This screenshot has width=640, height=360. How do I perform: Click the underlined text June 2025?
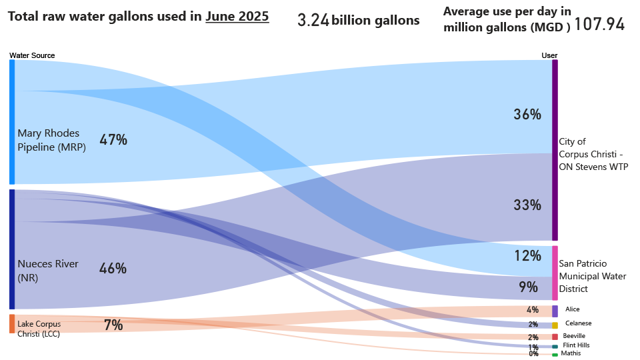[237, 17]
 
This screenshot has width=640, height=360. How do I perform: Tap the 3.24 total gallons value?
[313, 21]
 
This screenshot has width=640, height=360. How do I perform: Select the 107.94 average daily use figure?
[599, 25]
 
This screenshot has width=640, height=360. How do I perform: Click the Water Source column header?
[32, 55]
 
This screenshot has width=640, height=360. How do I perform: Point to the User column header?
[549, 55]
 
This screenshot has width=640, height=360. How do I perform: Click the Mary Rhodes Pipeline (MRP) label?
[52, 141]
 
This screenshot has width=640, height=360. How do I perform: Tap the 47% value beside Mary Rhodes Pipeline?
[113, 140]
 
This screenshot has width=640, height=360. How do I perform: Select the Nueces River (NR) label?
[48, 271]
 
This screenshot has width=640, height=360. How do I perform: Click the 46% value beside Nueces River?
[113, 269]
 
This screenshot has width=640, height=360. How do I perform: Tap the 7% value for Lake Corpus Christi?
[113, 325]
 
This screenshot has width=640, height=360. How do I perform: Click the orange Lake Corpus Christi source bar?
[12, 323]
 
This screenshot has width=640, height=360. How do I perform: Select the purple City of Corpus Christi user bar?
[555, 150]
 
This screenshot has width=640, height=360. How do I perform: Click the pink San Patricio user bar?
[555, 273]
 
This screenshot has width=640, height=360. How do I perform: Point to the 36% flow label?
[527, 115]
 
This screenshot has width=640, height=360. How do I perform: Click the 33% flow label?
[527, 205]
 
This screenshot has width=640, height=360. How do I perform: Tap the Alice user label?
[572, 309]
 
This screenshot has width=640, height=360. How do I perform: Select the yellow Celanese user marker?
[555, 325]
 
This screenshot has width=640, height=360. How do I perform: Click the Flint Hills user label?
[576, 345]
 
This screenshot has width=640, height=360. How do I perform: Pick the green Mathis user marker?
[555, 354]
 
